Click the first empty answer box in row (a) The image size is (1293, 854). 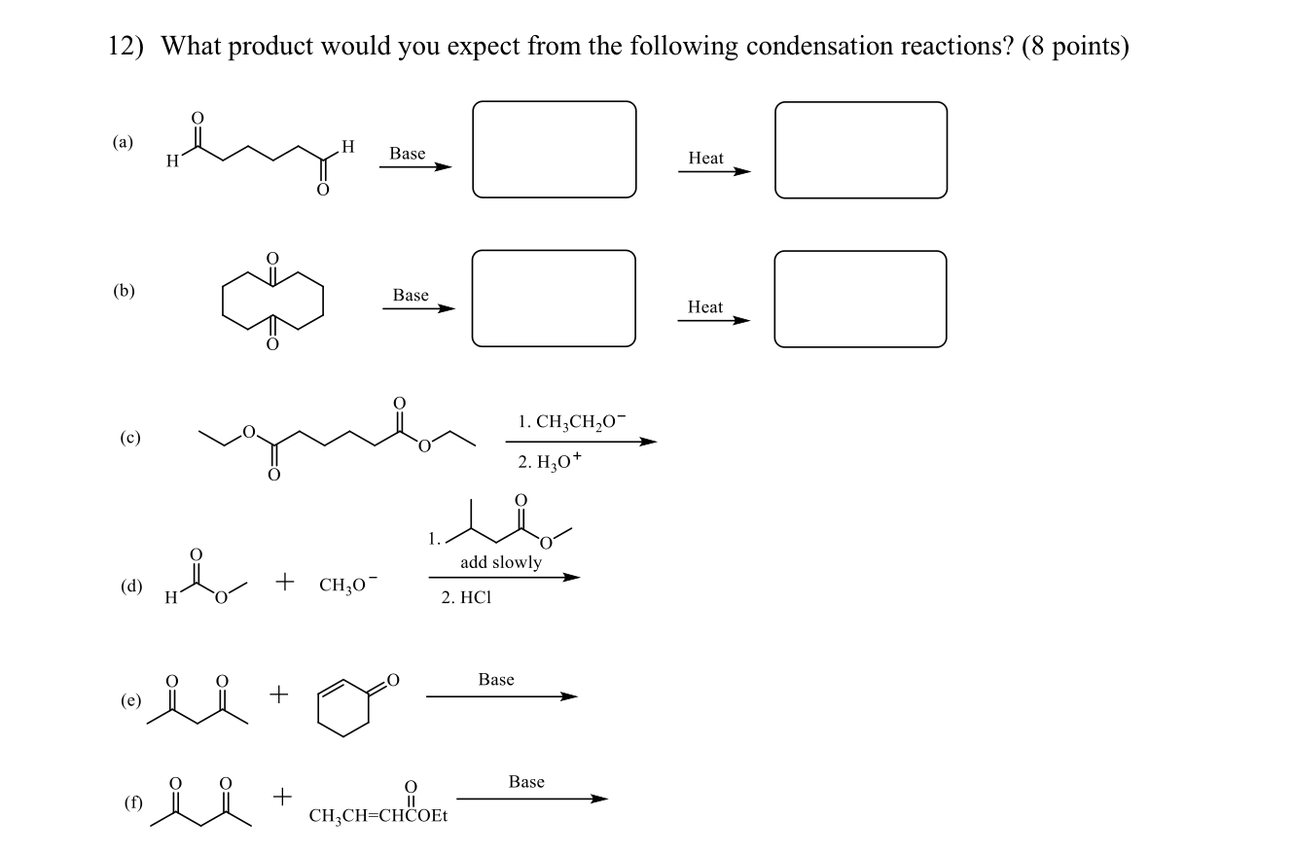click(554, 150)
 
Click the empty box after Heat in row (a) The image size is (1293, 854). click(860, 150)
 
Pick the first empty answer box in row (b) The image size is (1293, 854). click(554, 298)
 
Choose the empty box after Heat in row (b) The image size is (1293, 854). click(860, 299)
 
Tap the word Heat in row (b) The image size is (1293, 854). click(705, 306)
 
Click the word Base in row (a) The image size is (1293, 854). click(407, 154)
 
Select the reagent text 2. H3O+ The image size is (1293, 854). click(550, 461)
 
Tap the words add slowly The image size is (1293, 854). click(501, 562)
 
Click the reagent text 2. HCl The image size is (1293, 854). click(466, 599)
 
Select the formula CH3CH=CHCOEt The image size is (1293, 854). click(377, 816)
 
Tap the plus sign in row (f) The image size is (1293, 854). click(281, 798)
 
